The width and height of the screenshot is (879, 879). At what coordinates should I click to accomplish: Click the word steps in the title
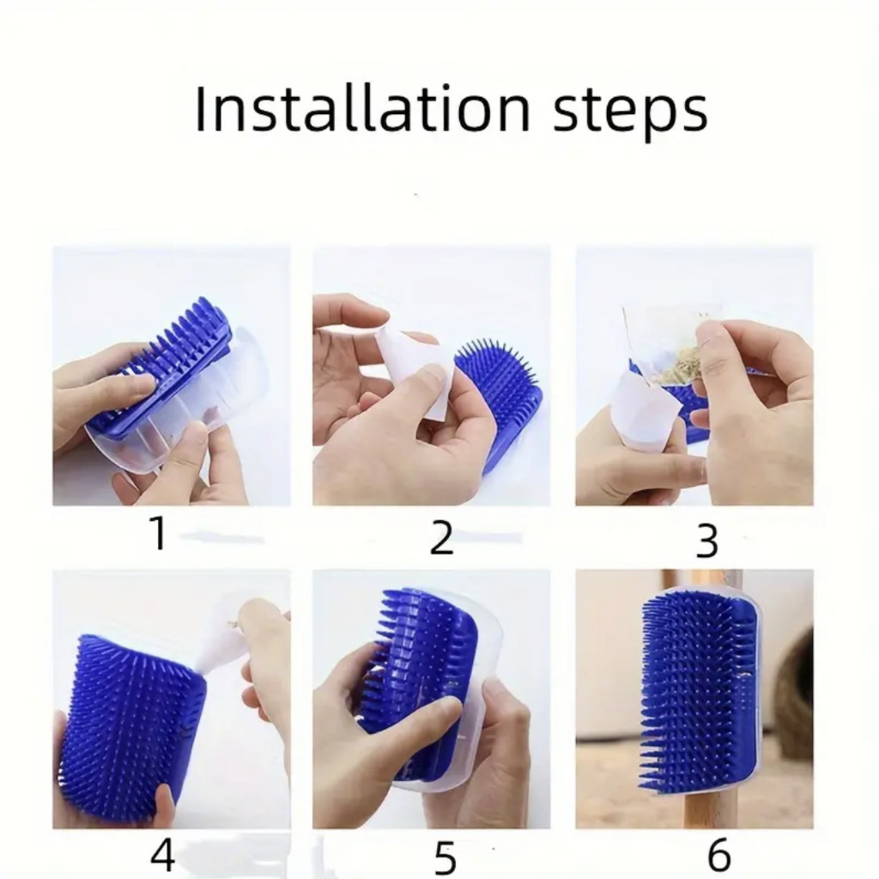(x=630, y=112)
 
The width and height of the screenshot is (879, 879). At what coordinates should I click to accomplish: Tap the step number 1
(x=158, y=533)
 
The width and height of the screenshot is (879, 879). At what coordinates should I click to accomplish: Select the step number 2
(x=441, y=537)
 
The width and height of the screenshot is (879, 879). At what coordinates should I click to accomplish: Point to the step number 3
(x=706, y=541)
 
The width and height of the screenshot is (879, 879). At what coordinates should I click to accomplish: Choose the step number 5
(x=446, y=858)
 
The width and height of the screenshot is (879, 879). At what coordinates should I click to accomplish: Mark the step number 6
(x=719, y=854)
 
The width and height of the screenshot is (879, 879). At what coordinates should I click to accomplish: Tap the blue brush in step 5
(x=419, y=673)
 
